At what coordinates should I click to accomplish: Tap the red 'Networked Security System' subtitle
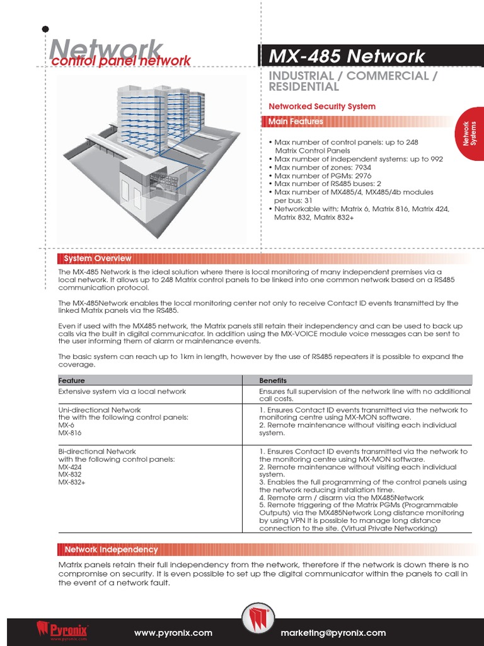coord(321,107)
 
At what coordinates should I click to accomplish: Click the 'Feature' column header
coord(71,380)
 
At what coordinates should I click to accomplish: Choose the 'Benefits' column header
coord(273,380)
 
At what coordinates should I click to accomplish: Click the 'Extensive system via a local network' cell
coord(122,391)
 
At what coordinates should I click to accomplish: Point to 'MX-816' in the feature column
coord(70,433)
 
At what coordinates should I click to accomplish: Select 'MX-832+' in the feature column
coord(71,482)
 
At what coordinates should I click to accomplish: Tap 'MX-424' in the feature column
coord(70,467)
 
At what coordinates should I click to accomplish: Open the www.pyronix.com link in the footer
coord(173,633)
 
